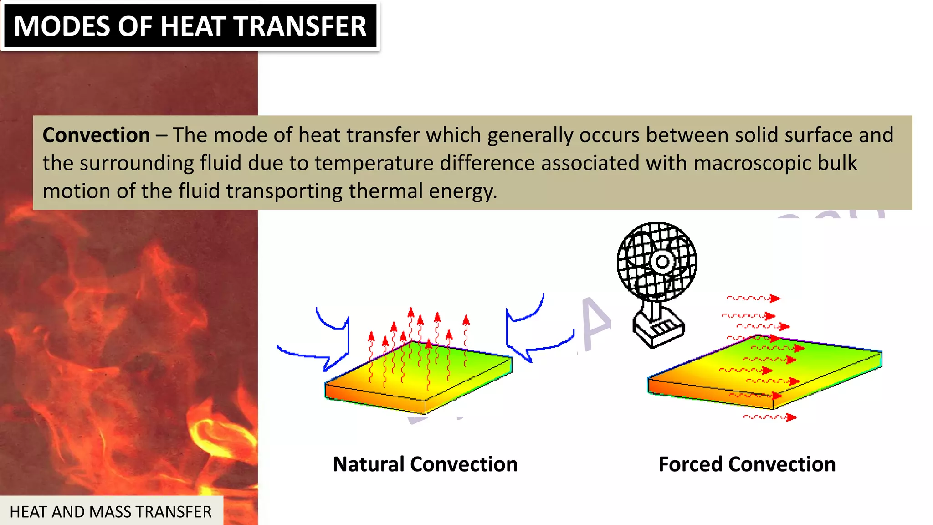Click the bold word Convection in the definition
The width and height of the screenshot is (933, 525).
(x=96, y=135)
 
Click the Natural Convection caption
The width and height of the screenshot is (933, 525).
(x=425, y=464)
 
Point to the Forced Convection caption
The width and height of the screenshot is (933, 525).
(x=747, y=464)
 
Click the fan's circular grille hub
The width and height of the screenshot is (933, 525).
(x=661, y=262)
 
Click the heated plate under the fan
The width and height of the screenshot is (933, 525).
(x=765, y=369)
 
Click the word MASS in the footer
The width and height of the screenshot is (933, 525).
(x=109, y=512)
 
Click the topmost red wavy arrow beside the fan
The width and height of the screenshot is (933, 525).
(x=754, y=299)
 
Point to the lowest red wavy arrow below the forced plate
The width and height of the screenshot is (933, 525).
(x=770, y=417)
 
